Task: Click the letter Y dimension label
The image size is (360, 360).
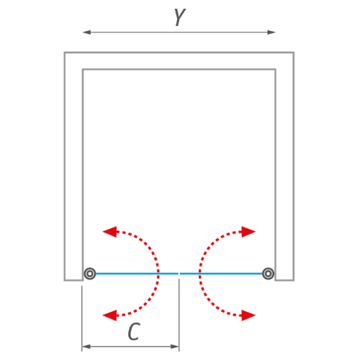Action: point(180,17)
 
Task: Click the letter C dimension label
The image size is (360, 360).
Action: point(134,331)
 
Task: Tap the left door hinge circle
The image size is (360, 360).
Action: point(90,274)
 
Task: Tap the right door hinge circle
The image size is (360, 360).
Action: point(268,274)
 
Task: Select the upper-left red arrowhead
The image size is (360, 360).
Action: point(109,232)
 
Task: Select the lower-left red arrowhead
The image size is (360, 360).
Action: point(109,315)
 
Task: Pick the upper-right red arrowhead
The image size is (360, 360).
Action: point(248,232)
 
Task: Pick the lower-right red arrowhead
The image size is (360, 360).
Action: point(248,315)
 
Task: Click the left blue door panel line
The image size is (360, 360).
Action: point(137,274)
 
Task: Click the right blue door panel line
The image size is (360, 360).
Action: point(221,274)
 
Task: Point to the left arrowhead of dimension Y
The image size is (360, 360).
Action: point(86,32)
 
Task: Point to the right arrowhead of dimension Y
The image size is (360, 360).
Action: point(271,32)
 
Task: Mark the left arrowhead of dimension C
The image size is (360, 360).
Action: point(86,346)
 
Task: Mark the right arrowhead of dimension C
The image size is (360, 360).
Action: point(175,346)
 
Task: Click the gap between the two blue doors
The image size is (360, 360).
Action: point(179,274)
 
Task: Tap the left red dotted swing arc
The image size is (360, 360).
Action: point(158,274)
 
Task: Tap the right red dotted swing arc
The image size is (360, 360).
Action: point(199,274)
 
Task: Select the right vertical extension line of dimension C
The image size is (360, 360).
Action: point(179,315)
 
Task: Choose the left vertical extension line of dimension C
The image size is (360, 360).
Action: point(82,318)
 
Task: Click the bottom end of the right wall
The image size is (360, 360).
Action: point(284,280)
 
